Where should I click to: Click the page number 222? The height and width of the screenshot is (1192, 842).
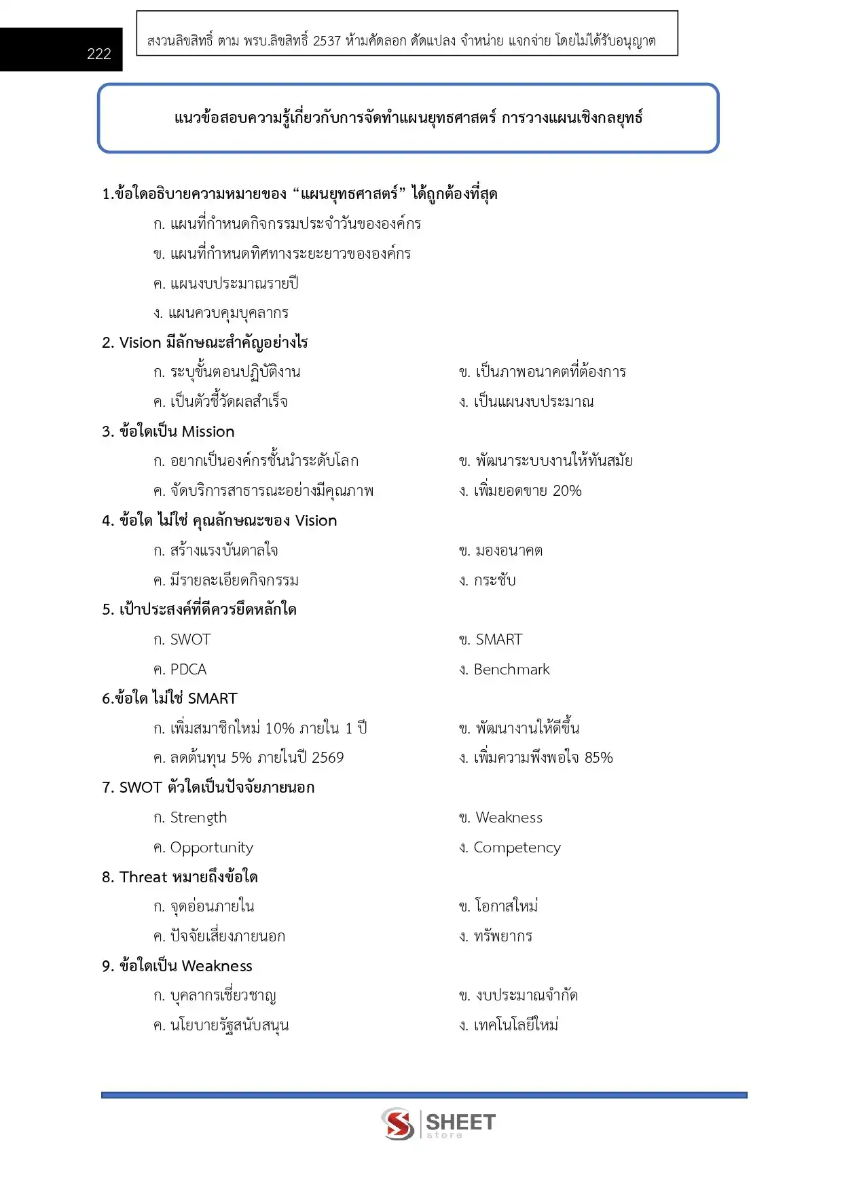click(98, 54)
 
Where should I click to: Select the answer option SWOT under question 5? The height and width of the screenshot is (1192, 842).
click(190, 640)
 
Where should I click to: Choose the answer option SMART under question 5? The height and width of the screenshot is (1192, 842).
click(499, 640)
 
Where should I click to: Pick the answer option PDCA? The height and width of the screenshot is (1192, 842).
click(188, 670)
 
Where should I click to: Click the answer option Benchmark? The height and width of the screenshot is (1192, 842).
click(511, 670)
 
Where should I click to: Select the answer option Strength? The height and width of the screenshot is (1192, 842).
click(198, 818)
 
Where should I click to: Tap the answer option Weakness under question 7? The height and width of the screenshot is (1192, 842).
click(509, 818)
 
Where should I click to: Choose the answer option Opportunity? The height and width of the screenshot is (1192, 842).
click(211, 848)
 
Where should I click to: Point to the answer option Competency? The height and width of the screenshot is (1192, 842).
click(517, 848)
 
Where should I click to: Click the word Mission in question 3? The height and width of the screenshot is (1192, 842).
click(208, 432)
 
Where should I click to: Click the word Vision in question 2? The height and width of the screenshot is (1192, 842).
click(140, 343)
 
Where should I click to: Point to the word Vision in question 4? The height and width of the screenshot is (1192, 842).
click(316, 521)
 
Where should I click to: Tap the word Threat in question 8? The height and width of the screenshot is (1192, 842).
click(143, 878)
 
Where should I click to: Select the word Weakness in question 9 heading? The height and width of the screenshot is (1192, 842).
click(217, 967)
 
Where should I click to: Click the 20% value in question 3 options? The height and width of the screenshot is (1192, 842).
click(567, 491)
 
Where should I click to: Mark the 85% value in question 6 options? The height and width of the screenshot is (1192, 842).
click(598, 758)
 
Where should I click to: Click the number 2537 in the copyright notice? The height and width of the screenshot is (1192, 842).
click(327, 41)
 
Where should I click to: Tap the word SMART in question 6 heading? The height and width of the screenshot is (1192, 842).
click(213, 699)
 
